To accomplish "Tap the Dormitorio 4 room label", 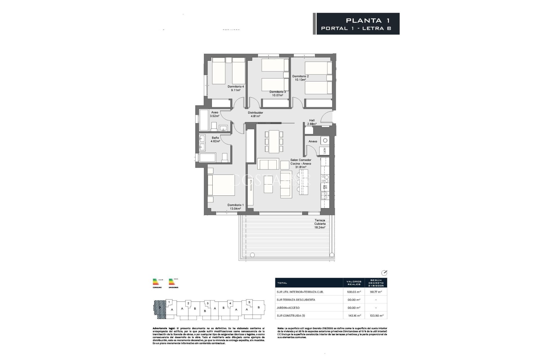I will (236, 87).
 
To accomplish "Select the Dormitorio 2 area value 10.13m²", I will (300, 80).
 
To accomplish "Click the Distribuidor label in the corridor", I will (255, 113).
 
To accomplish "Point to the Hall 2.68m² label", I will (312, 122).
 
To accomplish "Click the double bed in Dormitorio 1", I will (221, 185).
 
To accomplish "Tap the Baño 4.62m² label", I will (215, 139).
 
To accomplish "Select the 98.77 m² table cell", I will (376, 292).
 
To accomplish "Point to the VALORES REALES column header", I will (354, 283).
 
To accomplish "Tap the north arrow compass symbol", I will (384, 273).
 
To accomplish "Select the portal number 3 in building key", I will (208, 303).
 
